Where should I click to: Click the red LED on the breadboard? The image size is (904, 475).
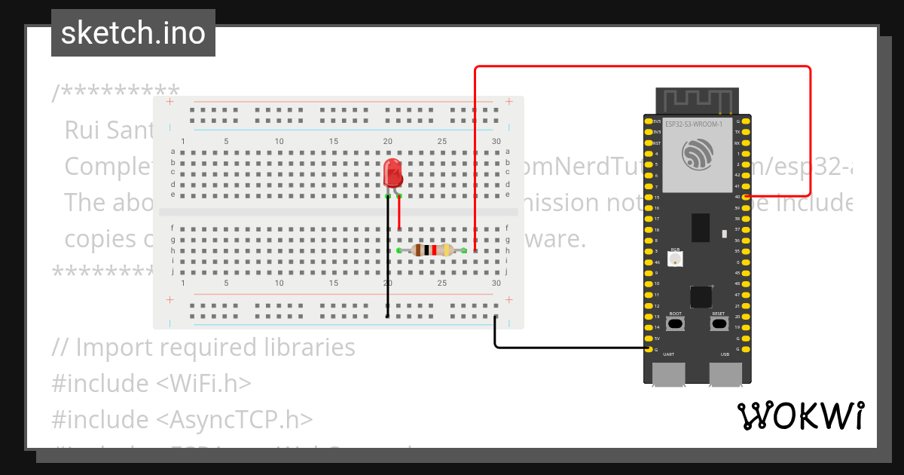(392, 173)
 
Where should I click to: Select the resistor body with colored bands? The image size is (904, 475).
(432, 250)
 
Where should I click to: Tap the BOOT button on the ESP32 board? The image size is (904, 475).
(676, 323)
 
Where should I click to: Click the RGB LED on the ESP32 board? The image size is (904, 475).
(676, 259)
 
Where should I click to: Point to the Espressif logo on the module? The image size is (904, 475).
(696, 154)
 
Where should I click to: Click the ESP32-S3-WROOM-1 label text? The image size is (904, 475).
(693, 124)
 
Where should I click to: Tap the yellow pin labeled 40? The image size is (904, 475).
(746, 197)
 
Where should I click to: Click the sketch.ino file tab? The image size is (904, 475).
(133, 33)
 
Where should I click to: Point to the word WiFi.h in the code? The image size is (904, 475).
(204, 383)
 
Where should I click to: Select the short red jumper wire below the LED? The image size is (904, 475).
(399, 213)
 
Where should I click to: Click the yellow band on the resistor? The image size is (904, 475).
(447, 250)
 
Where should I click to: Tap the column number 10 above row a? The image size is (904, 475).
(279, 142)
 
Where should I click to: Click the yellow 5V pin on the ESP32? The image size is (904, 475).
(649, 338)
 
